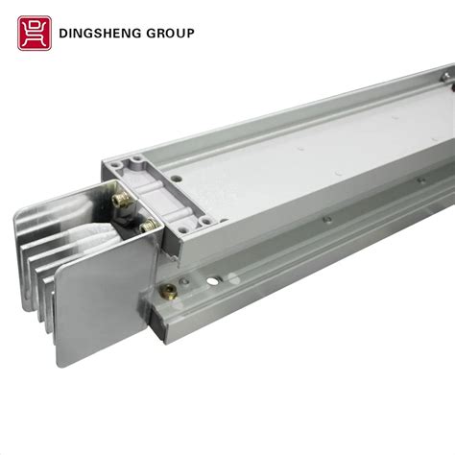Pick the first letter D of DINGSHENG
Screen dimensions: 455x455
[x=64, y=34]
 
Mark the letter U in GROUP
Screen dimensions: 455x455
[x=180, y=34]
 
